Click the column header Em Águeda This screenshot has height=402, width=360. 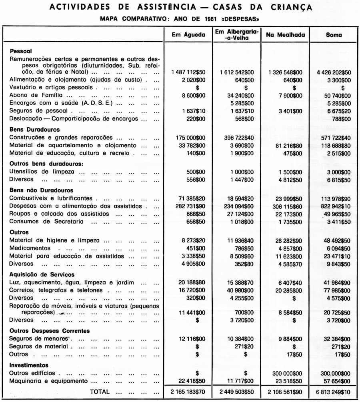pos(188,35)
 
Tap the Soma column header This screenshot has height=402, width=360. pos(334,35)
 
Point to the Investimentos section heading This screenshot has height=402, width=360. pos(29,365)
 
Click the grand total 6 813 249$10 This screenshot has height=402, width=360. pos(334,392)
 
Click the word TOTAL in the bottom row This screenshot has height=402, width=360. pos(100,392)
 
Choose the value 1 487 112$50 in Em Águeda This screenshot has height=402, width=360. pos(188,72)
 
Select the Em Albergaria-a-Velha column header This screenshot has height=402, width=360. pos(237,35)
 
